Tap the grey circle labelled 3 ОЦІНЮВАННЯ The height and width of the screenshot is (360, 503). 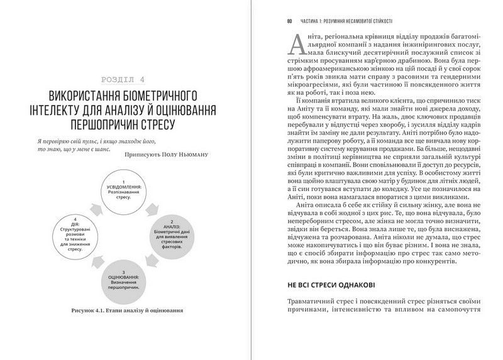tap(124, 276)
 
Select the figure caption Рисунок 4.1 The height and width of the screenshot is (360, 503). tap(123, 309)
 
